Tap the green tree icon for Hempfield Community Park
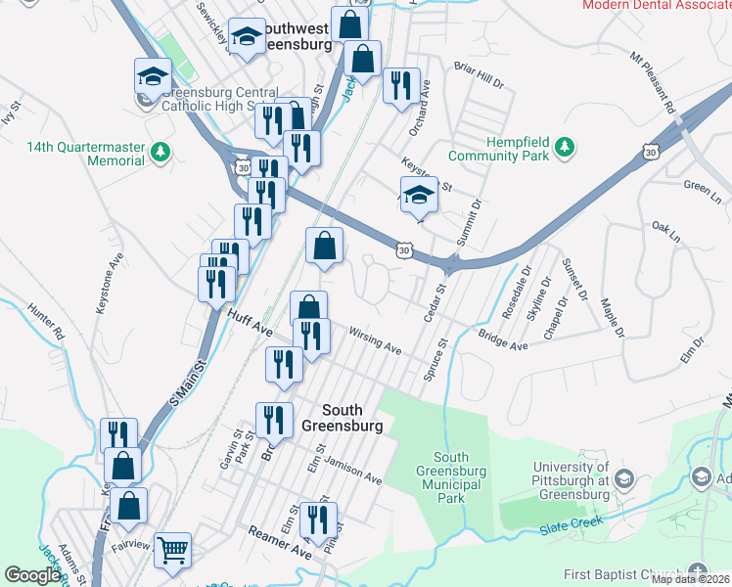tap(564, 148)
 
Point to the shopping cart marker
tap(172, 551)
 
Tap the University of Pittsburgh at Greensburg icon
tap(624, 479)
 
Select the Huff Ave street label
tap(250, 323)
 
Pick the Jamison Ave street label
tap(353, 472)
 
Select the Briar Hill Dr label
tap(479, 76)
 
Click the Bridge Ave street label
tap(503, 339)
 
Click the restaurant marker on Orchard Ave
tap(401, 85)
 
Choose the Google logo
tap(32, 575)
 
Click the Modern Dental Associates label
tap(657, 5)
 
